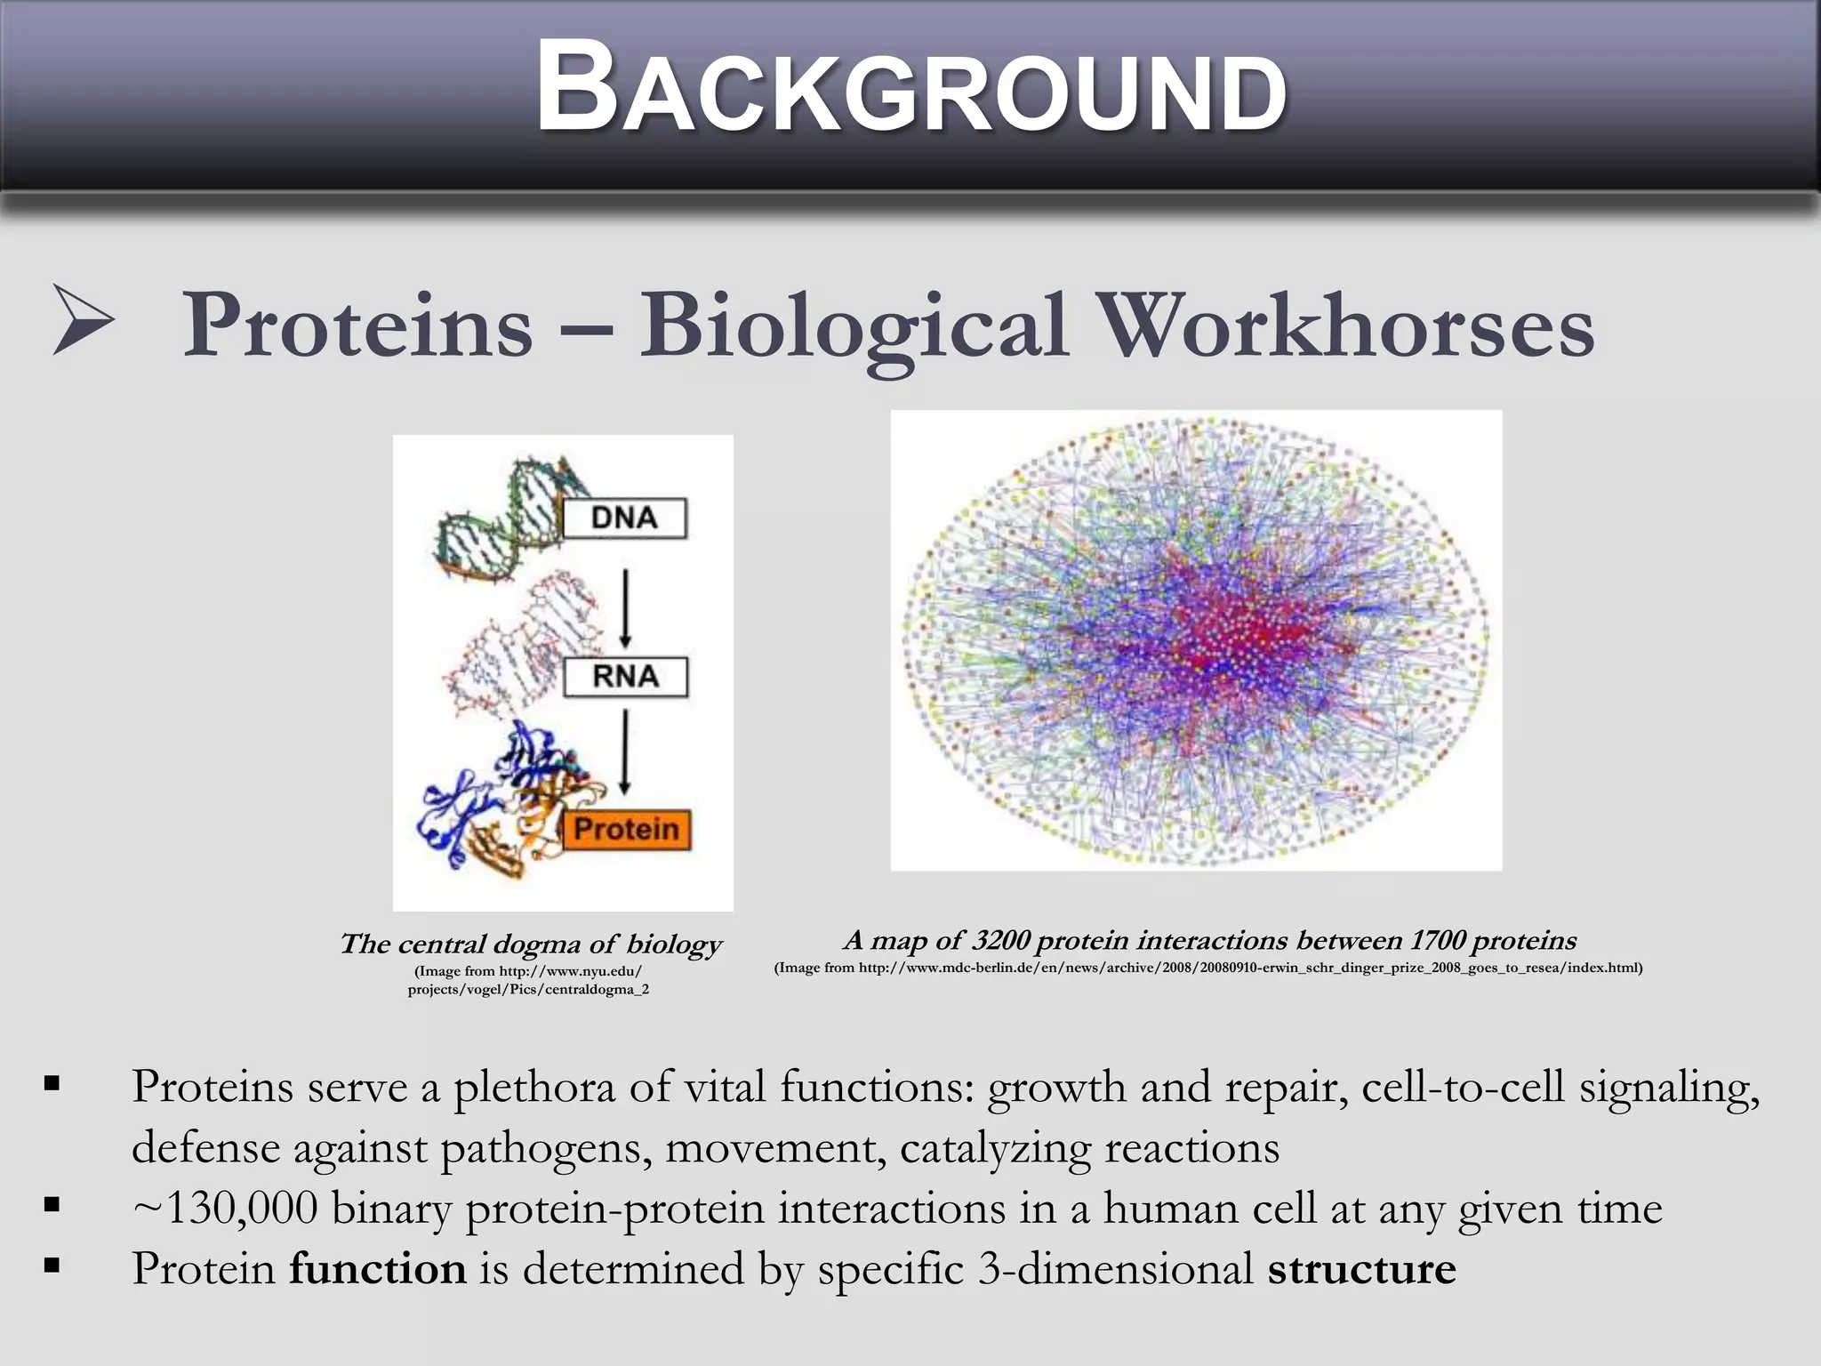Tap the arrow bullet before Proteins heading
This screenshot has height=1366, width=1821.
coord(83,320)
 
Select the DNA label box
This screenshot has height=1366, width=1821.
coord(624,518)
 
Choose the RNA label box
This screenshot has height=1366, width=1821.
coord(625,677)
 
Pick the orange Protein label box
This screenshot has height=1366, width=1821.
coord(626,830)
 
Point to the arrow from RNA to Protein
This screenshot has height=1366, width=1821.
coord(625,751)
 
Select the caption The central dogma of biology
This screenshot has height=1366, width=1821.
coord(531,944)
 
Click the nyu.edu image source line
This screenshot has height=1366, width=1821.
coord(528,971)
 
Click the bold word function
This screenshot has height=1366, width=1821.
coord(377,1268)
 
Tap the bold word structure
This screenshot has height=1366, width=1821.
coord(1361,1268)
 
